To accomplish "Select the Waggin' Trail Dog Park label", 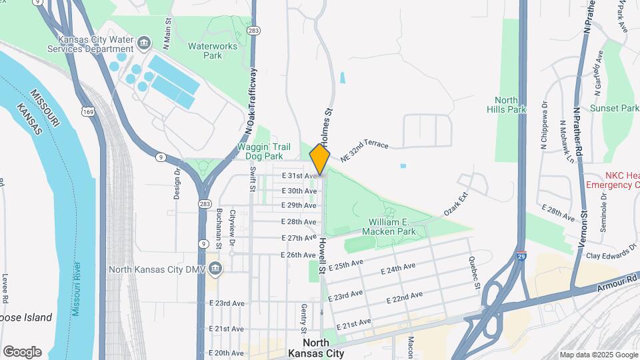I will pyautogui.click(x=269, y=152).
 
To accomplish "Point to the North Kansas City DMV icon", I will pyautogui.click(x=215, y=269).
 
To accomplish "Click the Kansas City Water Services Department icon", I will pyautogui.click(x=144, y=45).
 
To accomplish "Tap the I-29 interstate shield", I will pyautogui.click(x=521, y=256).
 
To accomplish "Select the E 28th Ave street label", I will pyautogui.click(x=298, y=221).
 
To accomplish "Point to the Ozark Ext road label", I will pyautogui.click(x=457, y=205).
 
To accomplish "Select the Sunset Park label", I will pyautogui.click(x=615, y=108).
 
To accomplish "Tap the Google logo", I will pyautogui.click(x=22, y=352).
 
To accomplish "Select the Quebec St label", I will pyautogui.click(x=474, y=273).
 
